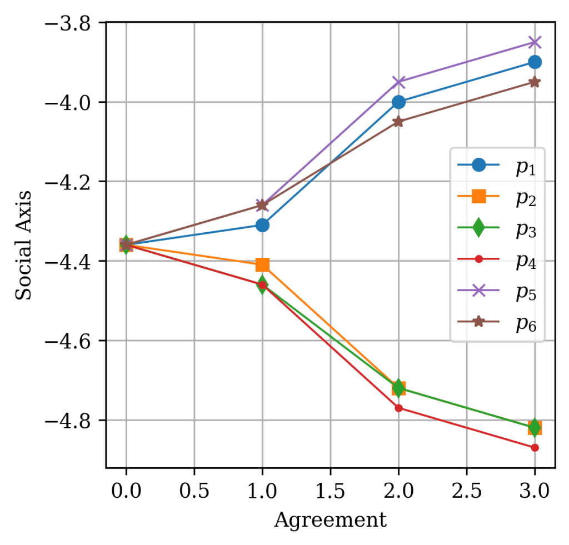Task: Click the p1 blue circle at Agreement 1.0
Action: click(x=262, y=225)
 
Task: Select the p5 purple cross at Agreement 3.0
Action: click(x=535, y=42)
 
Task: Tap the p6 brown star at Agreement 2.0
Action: click(x=398, y=122)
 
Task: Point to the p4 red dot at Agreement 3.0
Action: click(x=535, y=447)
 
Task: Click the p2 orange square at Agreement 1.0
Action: click(x=262, y=265)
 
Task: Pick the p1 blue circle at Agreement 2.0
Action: click(x=398, y=102)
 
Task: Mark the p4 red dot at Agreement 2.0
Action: click(x=398, y=408)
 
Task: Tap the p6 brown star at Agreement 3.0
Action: click(x=535, y=82)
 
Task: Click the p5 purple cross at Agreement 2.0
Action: click(x=398, y=82)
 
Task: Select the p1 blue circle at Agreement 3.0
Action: click(x=535, y=62)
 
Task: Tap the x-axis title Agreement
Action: click(x=330, y=521)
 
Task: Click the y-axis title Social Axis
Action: click(x=23, y=245)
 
